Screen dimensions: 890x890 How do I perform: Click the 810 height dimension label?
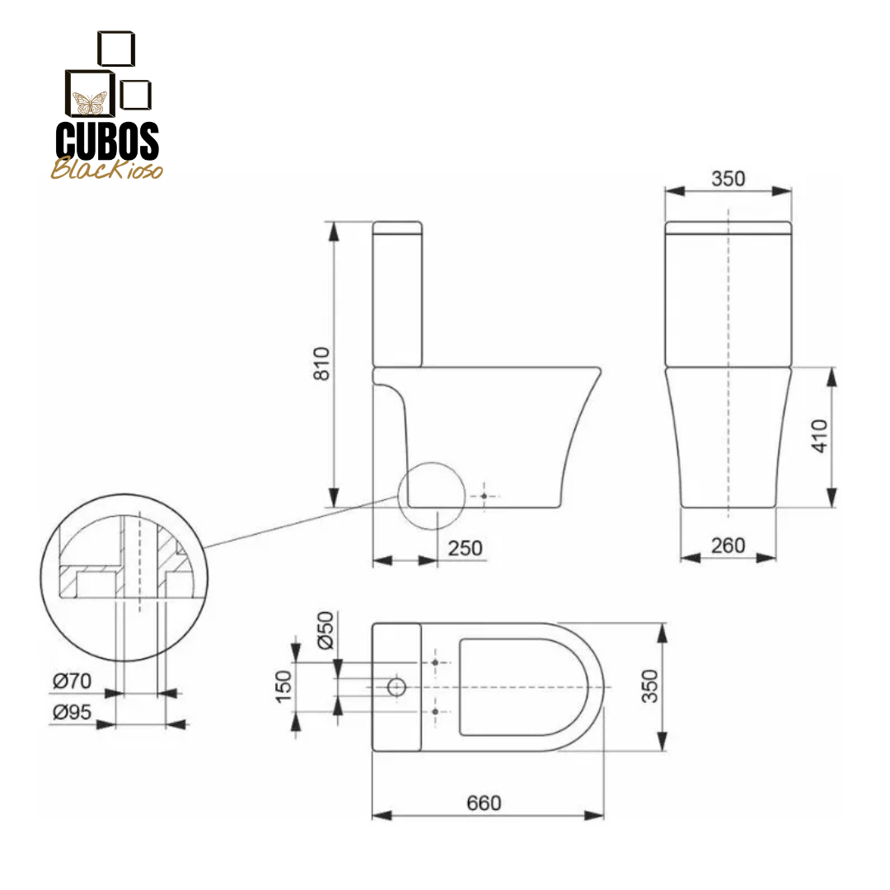coord(321,363)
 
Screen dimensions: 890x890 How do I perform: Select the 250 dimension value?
coord(465,548)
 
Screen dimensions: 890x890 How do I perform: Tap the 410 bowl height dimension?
coord(820,436)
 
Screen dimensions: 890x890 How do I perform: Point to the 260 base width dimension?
coord(728,546)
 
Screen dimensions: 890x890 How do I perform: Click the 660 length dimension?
coord(484,803)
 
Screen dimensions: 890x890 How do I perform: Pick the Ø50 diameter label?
coord(326,630)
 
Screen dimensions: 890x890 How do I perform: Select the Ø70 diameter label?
coord(72,681)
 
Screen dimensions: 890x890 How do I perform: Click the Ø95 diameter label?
coord(72,712)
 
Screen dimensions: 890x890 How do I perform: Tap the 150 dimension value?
coord(283,686)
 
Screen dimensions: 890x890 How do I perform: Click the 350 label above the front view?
coord(728,179)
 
